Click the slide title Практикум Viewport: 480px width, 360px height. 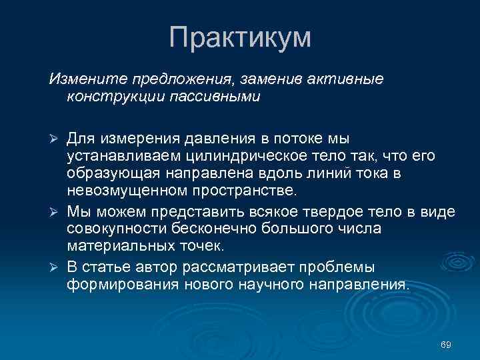(x=240, y=37)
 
